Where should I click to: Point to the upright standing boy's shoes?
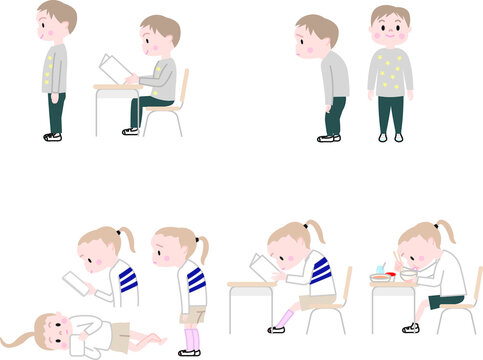click(x=53, y=136)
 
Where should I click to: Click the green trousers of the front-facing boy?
click(x=391, y=115)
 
